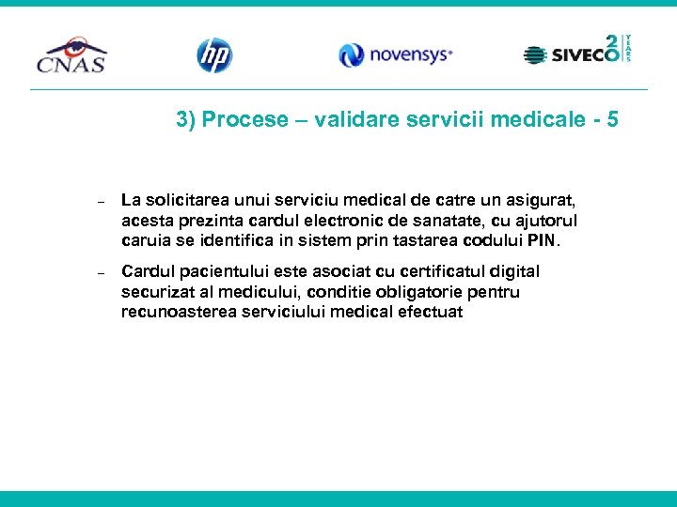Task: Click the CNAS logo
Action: tap(71, 55)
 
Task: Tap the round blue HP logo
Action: tap(214, 55)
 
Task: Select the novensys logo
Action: tap(396, 55)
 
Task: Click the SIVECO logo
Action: tap(576, 52)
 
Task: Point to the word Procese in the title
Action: tap(244, 120)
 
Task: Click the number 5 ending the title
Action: tap(613, 120)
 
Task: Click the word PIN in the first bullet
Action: tap(543, 240)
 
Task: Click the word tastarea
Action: tap(420, 240)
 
